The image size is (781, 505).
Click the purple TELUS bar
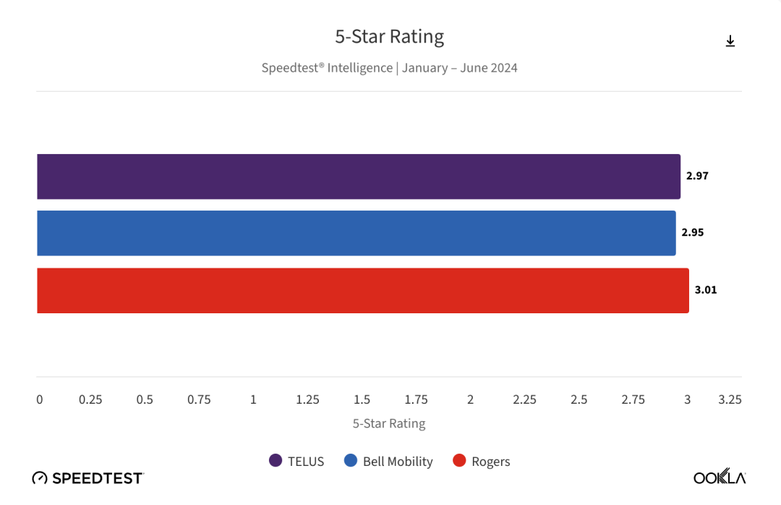[x=358, y=177]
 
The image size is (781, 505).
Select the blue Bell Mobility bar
[x=356, y=233]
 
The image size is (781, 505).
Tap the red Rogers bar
[x=362, y=290]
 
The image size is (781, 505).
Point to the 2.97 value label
[x=697, y=176]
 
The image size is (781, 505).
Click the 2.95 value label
[x=692, y=232]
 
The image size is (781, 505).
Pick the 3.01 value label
[x=706, y=289]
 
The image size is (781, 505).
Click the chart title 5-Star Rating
[x=389, y=36]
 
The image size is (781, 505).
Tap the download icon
[x=730, y=41]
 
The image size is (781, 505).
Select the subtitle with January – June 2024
[x=389, y=68]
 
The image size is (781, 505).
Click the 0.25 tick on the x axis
[x=90, y=399]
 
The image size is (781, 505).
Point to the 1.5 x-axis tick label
[x=362, y=399]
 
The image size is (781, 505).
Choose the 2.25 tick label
[x=524, y=399]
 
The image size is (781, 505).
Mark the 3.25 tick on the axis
[x=730, y=399]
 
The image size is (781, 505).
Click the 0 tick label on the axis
[x=40, y=399]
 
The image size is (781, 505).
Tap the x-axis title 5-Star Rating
[x=389, y=423]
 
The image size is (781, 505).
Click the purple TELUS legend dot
[x=276, y=460]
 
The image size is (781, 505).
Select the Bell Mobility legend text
[x=398, y=462]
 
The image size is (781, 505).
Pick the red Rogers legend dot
[x=459, y=460]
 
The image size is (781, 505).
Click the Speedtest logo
[x=88, y=478]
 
